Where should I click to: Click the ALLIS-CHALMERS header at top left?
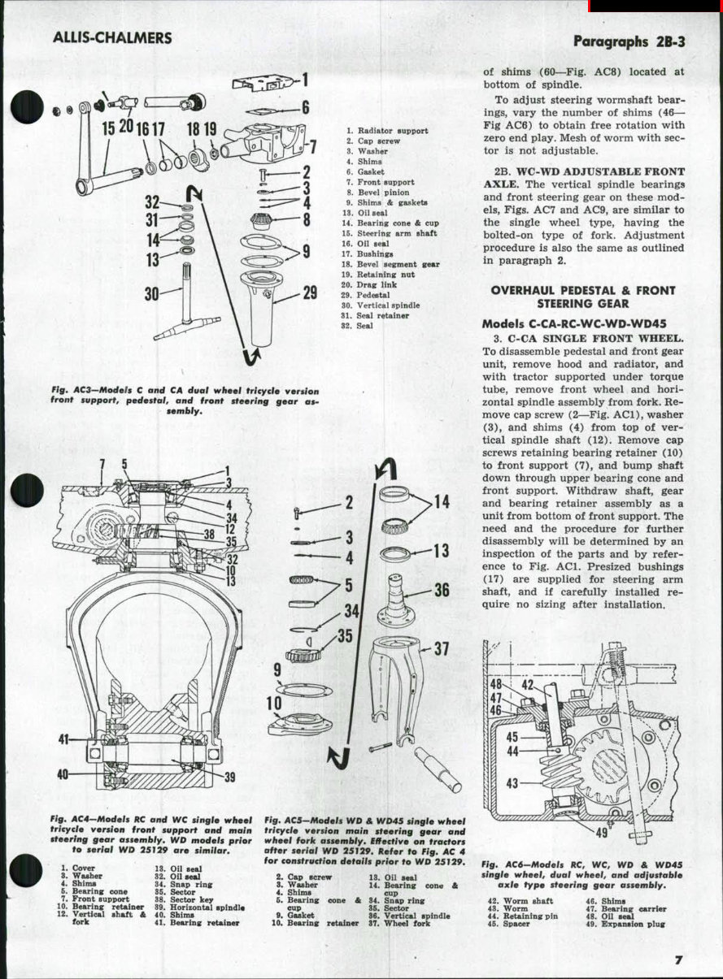coord(111,38)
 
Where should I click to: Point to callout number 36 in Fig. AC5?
coord(441,591)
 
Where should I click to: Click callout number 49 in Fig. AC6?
coord(601,833)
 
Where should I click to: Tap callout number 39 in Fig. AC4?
coord(229,778)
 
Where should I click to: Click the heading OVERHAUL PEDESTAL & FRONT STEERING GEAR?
coord(583,297)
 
